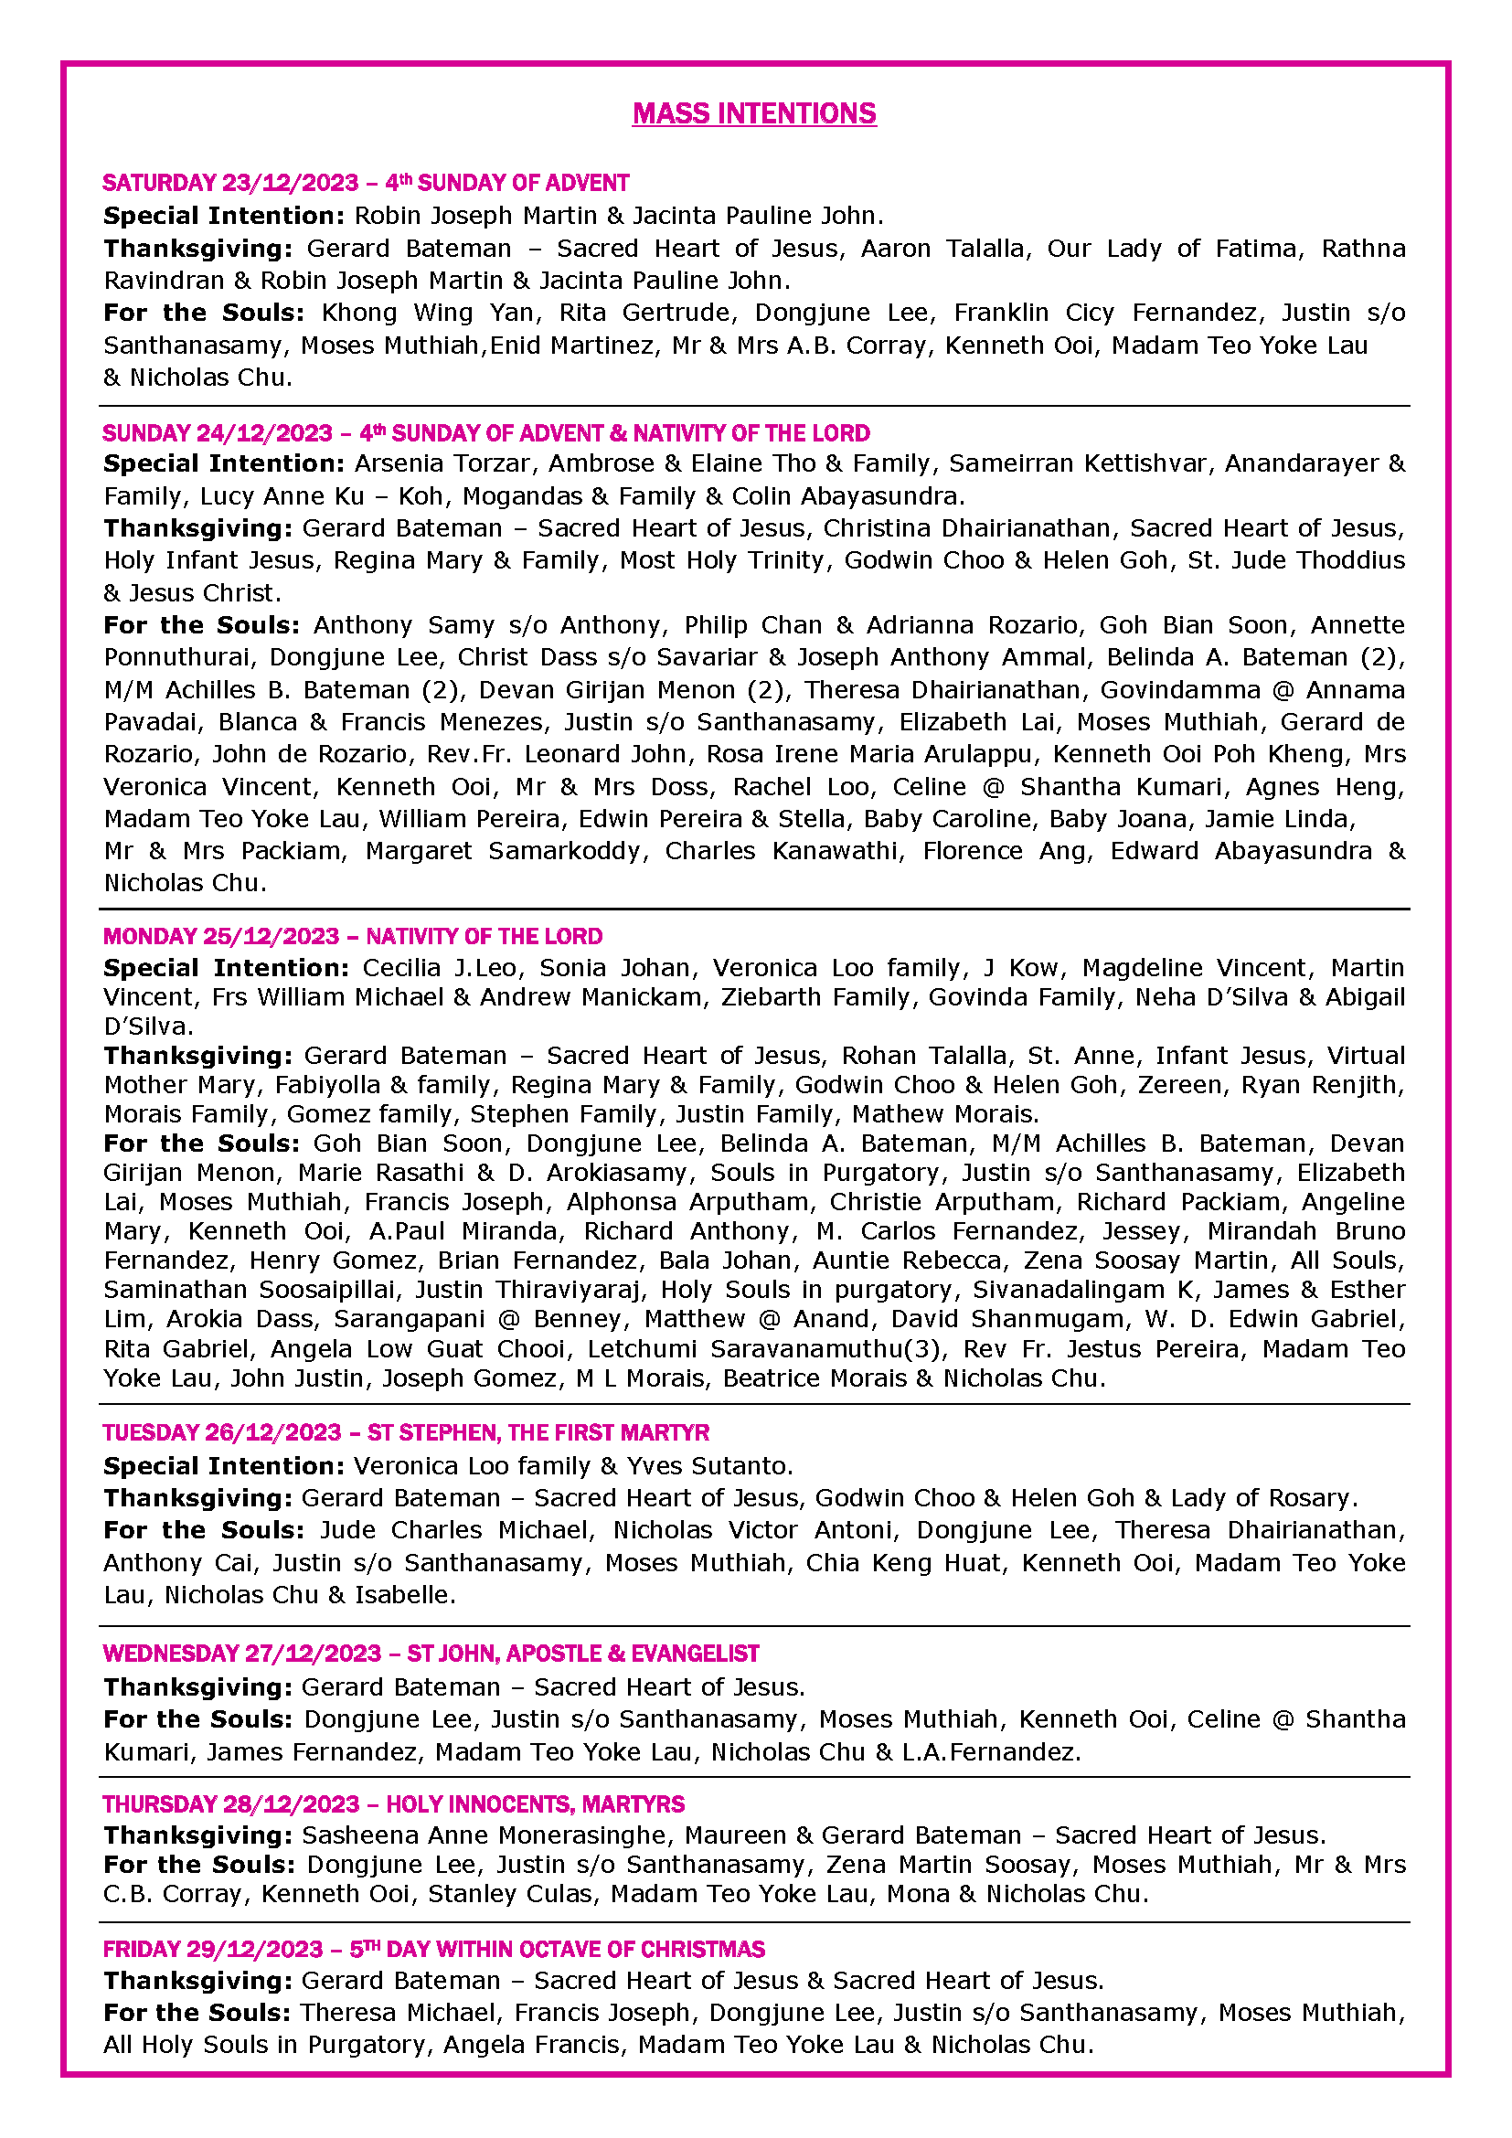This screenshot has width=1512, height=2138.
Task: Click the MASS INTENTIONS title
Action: (754, 113)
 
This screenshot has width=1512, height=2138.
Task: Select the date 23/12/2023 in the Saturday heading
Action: (290, 183)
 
